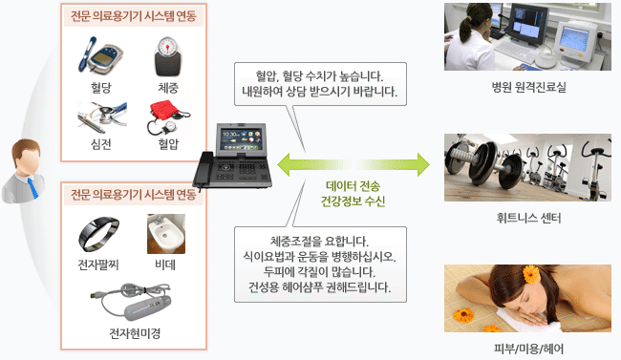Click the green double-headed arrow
(353, 164)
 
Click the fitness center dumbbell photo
(527, 167)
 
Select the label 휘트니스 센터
(527, 219)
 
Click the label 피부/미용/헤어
(527, 347)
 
